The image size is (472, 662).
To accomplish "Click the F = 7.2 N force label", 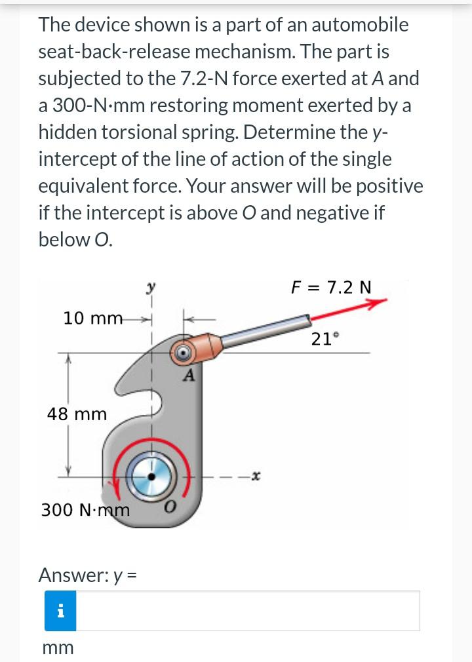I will pos(331,287).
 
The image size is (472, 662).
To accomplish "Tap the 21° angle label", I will pos(326,339).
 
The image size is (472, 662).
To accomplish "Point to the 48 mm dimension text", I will pos(77,414).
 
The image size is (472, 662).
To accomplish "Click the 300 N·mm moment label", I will pos(85,509).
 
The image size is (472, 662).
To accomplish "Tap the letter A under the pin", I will pos(189,376).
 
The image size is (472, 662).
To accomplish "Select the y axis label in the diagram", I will pos(151,288).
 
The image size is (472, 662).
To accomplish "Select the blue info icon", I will pos(61,611).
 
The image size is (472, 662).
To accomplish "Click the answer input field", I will pos(249,611).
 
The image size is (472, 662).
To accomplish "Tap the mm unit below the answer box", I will pos(58,648).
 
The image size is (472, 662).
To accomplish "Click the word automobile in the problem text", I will pos(359,25).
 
